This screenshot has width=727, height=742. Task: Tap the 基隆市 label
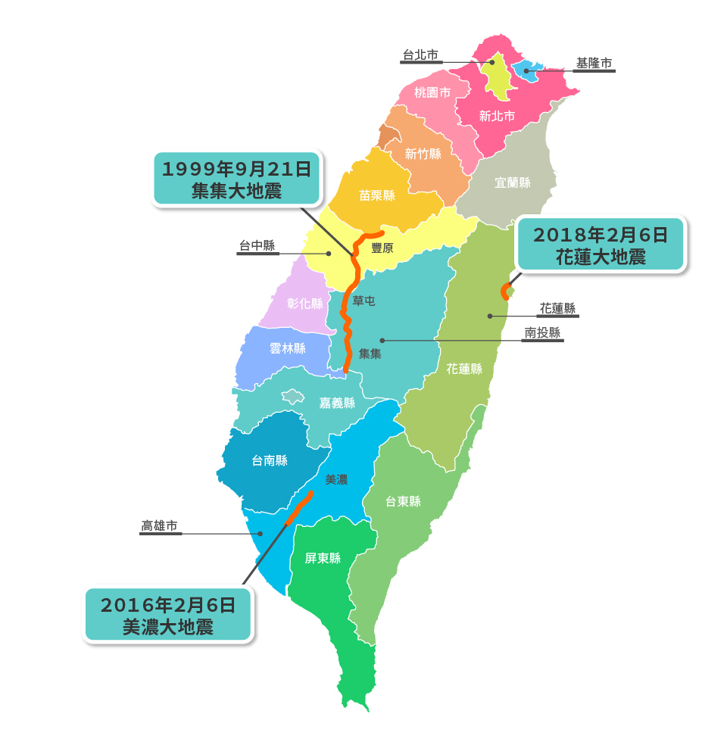pos(594,64)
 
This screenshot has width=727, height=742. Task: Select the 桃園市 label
pos(432,92)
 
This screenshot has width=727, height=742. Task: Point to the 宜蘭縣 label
pos(513,182)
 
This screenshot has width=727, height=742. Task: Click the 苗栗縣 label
pos(377,195)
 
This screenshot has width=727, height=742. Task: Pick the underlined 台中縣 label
pos(257,245)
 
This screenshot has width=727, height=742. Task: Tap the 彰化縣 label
pos(305,304)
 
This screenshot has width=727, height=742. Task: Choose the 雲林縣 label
pos(288,348)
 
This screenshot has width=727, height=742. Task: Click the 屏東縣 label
pos(323,558)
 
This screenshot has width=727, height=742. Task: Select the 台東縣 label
pos(403,501)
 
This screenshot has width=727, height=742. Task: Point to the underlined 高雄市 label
pos(160,525)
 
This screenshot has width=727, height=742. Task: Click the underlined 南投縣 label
pos(543,332)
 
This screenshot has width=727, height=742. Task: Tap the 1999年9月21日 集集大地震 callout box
pos(236,179)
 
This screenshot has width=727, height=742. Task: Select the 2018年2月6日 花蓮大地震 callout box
pos(601,245)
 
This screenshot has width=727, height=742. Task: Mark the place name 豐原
pos(382,248)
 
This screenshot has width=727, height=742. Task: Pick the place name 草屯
pos(363,301)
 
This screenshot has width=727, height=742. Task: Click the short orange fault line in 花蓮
pos(505,291)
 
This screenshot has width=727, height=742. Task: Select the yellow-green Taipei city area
pos(499,78)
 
